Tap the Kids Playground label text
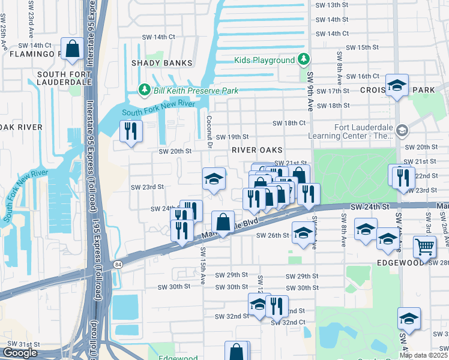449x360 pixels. [x=264, y=60]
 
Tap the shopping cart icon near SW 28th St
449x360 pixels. [x=424, y=247]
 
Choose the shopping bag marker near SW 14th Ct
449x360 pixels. [x=72, y=50]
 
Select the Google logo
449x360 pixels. [x=20, y=353]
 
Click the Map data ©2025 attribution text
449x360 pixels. [x=423, y=355]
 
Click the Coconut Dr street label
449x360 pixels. [x=210, y=130]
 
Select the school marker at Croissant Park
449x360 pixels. [x=397, y=86]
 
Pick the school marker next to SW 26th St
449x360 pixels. [x=303, y=234]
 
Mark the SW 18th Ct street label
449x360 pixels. [x=289, y=123]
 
